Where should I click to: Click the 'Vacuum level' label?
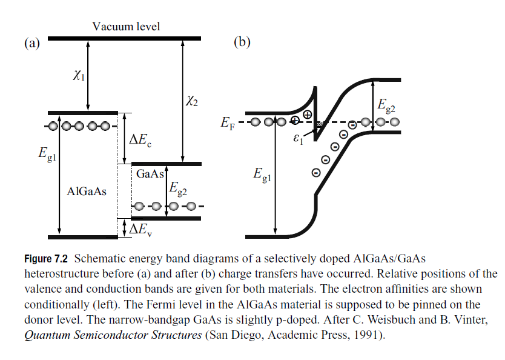point(126,27)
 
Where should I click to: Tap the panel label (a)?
point(31,42)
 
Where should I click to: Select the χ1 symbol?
point(78,75)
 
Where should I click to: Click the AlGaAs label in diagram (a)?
point(87,192)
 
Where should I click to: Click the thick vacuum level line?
point(124,38)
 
